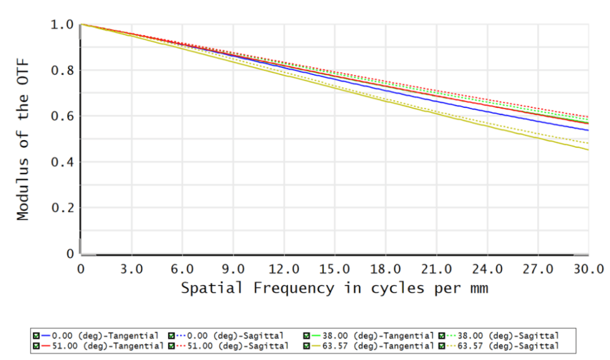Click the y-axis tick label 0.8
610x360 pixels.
[62, 70]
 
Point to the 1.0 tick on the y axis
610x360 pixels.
[62, 24]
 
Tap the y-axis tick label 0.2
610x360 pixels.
[62, 208]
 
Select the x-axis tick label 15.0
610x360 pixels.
[335, 269]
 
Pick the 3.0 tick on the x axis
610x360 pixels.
[131, 269]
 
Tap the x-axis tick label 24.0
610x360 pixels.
[487, 269]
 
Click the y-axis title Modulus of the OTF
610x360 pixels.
[23, 139]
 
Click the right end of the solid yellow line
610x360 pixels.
[589, 150]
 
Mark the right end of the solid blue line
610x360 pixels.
[589, 130]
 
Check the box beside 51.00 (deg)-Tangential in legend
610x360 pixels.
[36, 345]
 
